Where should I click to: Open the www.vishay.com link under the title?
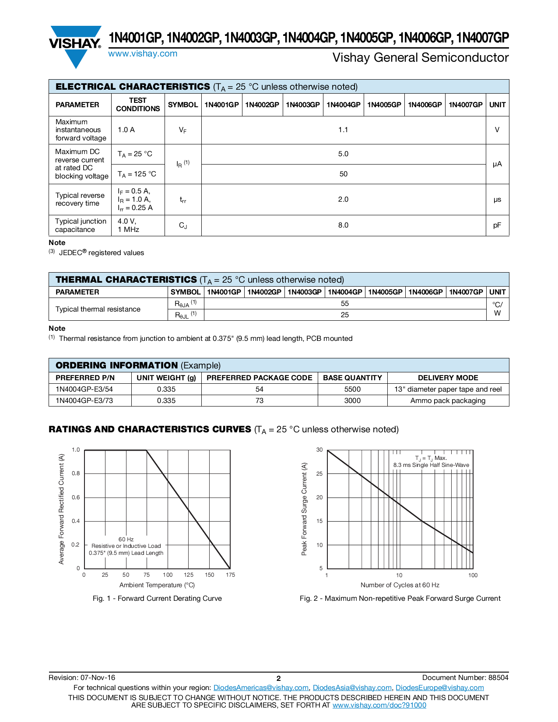tap(143, 54)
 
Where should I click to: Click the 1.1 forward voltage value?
tap(343, 130)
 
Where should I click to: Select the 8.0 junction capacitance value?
tap(343, 225)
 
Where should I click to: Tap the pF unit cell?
tap(497, 225)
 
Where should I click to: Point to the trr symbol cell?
tap(183, 200)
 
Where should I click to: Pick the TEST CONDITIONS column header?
tap(138, 105)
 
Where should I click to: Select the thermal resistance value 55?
tap(345, 304)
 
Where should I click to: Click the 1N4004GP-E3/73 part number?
tap(84, 401)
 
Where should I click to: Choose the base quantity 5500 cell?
tap(352, 389)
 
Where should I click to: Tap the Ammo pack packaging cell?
tap(448, 401)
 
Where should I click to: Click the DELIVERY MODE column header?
tap(448, 378)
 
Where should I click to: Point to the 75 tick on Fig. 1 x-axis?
tap(147, 575)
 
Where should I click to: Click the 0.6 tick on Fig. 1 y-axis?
tap(76, 498)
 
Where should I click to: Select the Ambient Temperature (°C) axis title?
tap(157, 585)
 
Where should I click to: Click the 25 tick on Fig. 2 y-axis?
tap(319, 474)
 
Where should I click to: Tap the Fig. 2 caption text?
tap(400, 599)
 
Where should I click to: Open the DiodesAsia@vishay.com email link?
tap(352, 688)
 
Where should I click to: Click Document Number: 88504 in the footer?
tap(465, 678)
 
